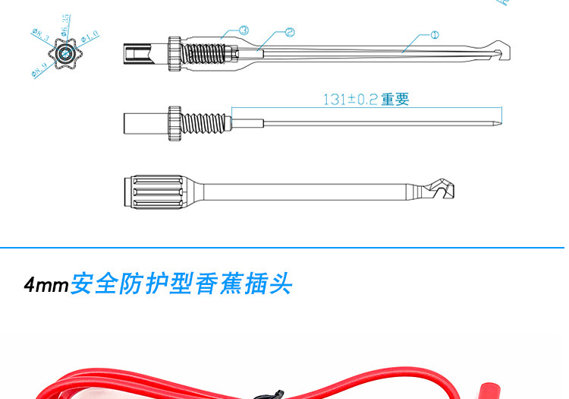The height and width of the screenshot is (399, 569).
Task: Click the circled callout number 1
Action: [435, 34]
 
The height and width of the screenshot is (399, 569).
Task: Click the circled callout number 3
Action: [244, 30]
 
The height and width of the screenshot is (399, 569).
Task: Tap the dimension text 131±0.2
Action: [351, 100]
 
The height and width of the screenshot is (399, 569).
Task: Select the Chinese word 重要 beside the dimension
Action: [395, 100]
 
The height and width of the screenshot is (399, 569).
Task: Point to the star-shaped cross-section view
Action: [66, 53]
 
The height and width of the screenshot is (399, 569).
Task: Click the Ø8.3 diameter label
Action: [39, 35]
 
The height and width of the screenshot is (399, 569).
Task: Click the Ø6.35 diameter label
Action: [66, 21]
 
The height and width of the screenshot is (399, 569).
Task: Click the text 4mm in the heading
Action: [46, 287]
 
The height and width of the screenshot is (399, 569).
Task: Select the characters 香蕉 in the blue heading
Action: [215, 286]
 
